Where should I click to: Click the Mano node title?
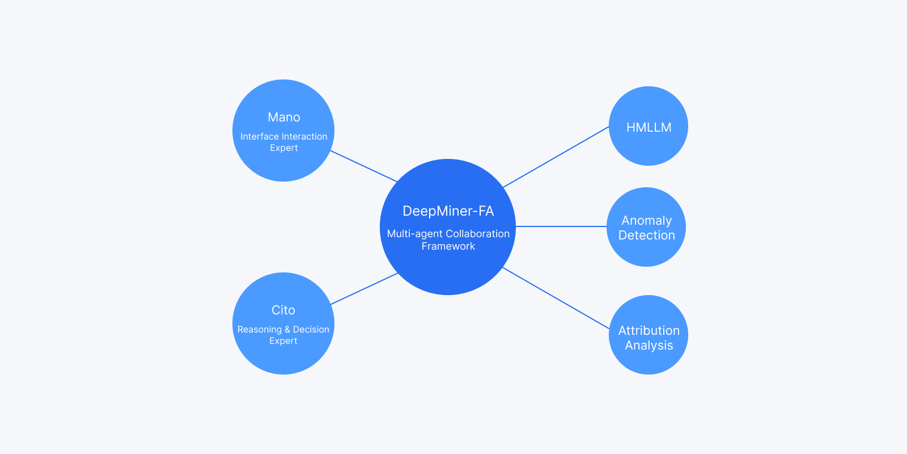pyautogui.click(x=284, y=117)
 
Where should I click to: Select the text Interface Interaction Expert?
pyautogui.click(x=284, y=142)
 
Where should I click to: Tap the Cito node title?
pyautogui.click(x=283, y=310)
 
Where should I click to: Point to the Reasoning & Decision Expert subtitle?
pyautogui.click(x=283, y=335)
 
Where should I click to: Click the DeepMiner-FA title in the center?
pyautogui.click(x=448, y=211)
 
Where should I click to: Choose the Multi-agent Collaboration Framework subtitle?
pyautogui.click(x=448, y=239)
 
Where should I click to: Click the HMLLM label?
pyautogui.click(x=649, y=128)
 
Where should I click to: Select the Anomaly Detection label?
pyautogui.click(x=646, y=228)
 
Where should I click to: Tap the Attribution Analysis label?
pyautogui.click(x=649, y=338)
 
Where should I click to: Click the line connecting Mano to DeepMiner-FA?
pyautogui.click(x=364, y=166)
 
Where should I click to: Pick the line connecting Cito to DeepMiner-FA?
pyautogui.click(x=364, y=289)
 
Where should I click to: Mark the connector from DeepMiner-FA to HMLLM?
pyautogui.click(x=556, y=157)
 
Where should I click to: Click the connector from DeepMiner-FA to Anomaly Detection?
pyautogui.click(x=561, y=226)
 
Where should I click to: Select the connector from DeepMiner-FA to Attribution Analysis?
pyautogui.click(x=556, y=298)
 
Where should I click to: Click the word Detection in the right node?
pyautogui.click(x=646, y=236)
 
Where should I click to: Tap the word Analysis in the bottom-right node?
pyautogui.click(x=649, y=346)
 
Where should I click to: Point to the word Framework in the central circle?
pyautogui.click(x=448, y=246)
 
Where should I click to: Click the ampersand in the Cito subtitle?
pyautogui.click(x=287, y=330)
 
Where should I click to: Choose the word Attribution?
pyautogui.click(x=649, y=331)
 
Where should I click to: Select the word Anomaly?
pyautogui.click(x=646, y=221)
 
